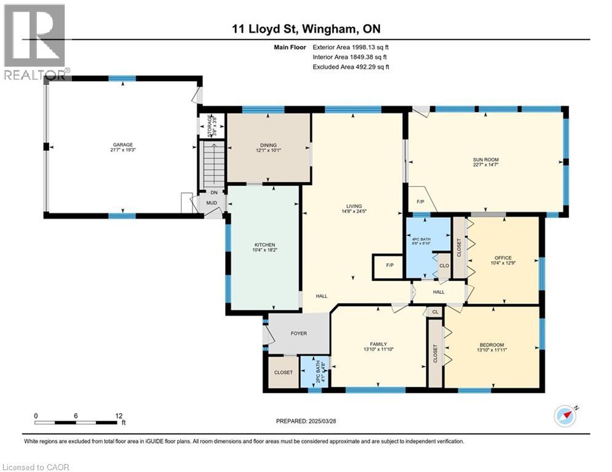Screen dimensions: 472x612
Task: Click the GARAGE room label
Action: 122,145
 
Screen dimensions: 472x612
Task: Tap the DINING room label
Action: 268,146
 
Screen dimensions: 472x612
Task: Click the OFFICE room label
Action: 503,258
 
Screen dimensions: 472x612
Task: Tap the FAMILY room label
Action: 378,345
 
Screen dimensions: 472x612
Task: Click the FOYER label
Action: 298,334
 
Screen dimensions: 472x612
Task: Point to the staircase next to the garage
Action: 213,163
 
